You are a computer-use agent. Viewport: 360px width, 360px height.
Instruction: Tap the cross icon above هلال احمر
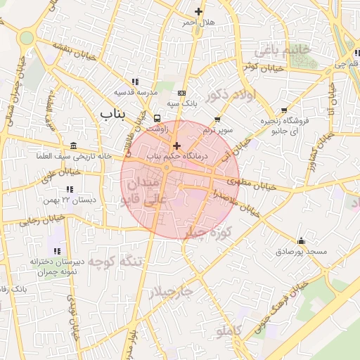pyautogui.click(x=199, y=11)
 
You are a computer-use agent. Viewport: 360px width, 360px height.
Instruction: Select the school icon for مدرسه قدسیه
pyautogui.click(x=135, y=82)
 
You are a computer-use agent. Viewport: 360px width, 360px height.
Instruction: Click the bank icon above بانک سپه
pyautogui.click(x=182, y=93)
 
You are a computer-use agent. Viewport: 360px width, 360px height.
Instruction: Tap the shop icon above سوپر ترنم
pyautogui.click(x=217, y=119)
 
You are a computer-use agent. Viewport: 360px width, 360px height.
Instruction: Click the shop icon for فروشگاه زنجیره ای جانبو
pyautogui.click(x=284, y=110)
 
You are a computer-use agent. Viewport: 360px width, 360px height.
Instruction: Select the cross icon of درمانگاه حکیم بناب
pyautogui.click(x=176, y=146)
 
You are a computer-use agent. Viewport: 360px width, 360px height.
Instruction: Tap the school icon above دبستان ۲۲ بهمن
pyautogui.click(x=70, y=189)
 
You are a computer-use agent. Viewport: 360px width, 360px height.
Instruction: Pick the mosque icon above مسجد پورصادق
pyautogui.click(x=302, y=240)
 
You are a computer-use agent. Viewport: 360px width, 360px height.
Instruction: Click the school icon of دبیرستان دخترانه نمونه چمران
pyautogui.click(x=57, y=251)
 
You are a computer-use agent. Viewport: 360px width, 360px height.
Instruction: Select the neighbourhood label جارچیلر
pyautogui.click(x=169, y=291)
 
